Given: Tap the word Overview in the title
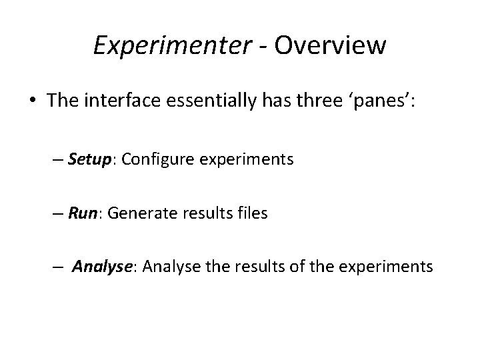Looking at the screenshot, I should click(329, 46).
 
